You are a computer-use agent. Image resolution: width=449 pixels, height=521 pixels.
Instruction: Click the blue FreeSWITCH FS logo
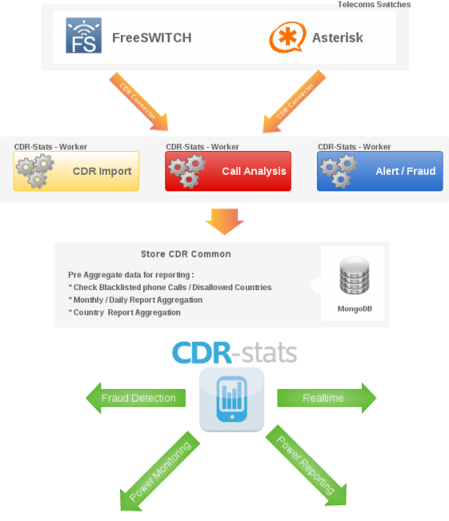[84, 36]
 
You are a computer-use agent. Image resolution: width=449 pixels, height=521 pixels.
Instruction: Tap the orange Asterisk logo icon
[288, 37]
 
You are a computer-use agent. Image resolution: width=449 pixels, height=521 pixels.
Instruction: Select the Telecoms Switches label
[374, 4]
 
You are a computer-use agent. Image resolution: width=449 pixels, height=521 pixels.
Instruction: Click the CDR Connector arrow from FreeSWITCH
[138, 101]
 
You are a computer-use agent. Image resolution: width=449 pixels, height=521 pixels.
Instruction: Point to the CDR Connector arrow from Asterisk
[295, 101]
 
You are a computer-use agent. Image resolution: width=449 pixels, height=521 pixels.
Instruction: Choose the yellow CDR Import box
[76, 171]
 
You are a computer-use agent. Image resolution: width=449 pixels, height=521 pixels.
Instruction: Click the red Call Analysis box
[228, 171]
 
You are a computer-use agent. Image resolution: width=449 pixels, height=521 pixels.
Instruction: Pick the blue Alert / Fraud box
[380, 171]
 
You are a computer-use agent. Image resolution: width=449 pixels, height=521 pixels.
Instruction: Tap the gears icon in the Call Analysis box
[187, 171]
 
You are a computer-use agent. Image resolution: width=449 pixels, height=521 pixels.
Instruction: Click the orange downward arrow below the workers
[224, 221]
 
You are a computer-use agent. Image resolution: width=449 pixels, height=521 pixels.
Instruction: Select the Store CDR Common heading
[186, 254]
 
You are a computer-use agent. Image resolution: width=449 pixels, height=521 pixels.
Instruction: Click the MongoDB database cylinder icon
[354, 275]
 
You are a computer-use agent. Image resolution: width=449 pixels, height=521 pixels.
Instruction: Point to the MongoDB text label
[355, 308]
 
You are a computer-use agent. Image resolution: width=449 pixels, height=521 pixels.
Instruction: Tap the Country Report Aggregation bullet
[125, 312]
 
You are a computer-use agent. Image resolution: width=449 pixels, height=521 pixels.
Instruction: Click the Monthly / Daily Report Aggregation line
[135, 300]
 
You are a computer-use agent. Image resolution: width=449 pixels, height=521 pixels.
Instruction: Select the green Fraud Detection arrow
[136, 398]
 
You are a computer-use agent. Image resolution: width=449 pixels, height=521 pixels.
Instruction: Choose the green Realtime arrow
[326, 398]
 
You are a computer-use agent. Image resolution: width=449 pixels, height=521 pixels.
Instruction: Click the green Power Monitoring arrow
[160, 471]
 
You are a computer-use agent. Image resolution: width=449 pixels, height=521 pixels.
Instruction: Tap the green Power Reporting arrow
[306, 465]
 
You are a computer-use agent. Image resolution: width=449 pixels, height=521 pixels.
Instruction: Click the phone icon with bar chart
[232, 399]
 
